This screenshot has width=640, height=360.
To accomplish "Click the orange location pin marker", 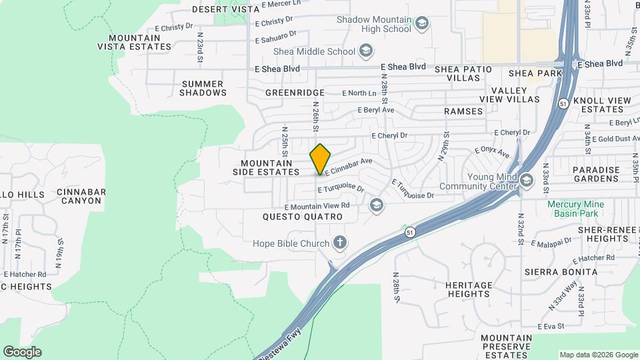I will (320, 159).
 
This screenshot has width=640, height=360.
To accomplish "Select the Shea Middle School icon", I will (365, 51).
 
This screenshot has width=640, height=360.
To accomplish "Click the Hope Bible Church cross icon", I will (339, 243).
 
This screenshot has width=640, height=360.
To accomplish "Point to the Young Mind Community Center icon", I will (527, 181).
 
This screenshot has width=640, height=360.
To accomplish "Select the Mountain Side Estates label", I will (267, 167).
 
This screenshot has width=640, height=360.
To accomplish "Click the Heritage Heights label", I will (469, 289).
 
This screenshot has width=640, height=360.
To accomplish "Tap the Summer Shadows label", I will (203, 88).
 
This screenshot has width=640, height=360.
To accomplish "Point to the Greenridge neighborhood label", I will (295, 93).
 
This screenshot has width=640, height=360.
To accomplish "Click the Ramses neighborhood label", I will (463, 111).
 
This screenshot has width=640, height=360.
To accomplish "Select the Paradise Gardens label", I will (595, 175).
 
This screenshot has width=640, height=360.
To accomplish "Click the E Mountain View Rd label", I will (317, 207).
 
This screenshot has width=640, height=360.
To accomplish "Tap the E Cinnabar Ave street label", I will (348, 167).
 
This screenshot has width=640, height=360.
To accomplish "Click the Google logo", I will (22, 352).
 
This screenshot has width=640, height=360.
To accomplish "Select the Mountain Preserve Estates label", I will (507, 343).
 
